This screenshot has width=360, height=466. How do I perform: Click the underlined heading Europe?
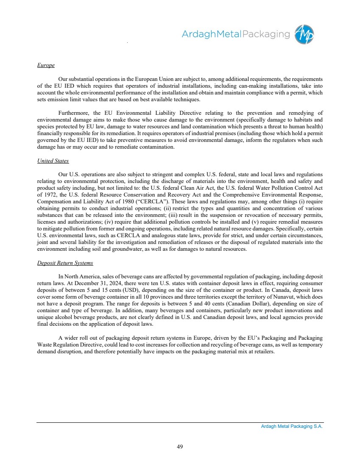point(46,65)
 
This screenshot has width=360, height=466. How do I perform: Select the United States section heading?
point(53,161)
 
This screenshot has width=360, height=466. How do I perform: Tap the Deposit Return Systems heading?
point(65,263)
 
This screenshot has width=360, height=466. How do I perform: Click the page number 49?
point(180,446)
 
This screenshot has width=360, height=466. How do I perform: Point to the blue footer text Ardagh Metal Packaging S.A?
point(292,427)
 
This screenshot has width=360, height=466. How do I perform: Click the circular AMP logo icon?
point(304,34)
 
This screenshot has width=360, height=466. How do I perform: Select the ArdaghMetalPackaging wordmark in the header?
point(236,34)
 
